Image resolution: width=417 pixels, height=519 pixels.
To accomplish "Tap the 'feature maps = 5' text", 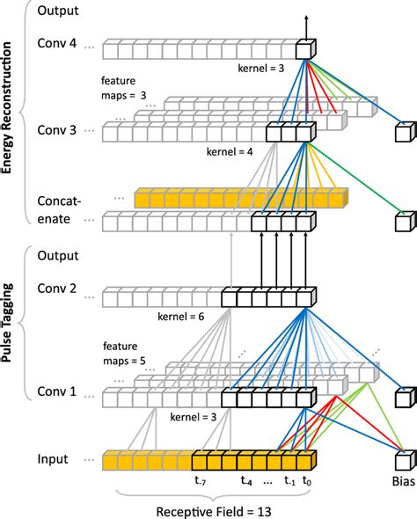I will coord(126,355).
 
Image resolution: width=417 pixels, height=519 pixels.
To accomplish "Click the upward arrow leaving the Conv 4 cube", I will coord(307,25).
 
